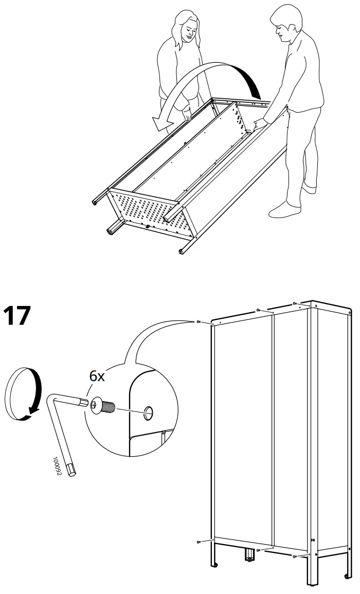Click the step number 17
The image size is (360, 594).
coord(17,316)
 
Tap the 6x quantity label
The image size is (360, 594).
coord(97,376)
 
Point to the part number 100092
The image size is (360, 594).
coord(56,465)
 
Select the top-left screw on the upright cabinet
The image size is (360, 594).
coord(199,321)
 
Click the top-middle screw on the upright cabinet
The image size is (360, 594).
coord(258,310)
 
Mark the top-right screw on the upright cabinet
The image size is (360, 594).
coord(294,303)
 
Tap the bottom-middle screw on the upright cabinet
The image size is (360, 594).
coord(258,550)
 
